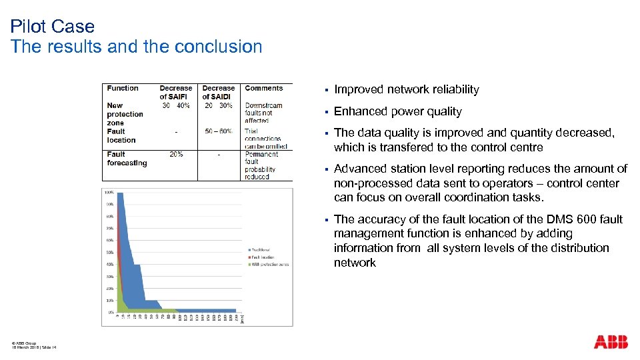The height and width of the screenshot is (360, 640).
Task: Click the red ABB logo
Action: tap(611, 342)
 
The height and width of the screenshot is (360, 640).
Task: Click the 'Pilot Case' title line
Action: tap(53, 27)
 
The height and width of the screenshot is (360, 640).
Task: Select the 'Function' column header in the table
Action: tap(123, 88)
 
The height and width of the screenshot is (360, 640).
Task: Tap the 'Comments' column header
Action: tap(263, 88)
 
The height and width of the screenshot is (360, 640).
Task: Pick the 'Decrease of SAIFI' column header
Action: tap(175, 92)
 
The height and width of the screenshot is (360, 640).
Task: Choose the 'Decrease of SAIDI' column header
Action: tap(218, 92)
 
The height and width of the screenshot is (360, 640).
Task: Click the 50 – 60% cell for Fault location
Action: tap(218, 131)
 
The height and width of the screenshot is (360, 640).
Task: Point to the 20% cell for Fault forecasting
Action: tap(176, 154)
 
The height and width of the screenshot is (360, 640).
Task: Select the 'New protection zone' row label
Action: tap(125, 113)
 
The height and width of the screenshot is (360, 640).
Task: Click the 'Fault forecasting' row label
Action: tap(127, 158)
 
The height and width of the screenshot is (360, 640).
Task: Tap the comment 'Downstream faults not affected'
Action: tap(263, 113)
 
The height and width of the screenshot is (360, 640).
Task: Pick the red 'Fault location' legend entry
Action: tap(263, 257)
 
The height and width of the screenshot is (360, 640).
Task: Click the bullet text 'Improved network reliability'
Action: tap(406, 89)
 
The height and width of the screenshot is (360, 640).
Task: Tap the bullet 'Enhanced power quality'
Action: tap(397, 111)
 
